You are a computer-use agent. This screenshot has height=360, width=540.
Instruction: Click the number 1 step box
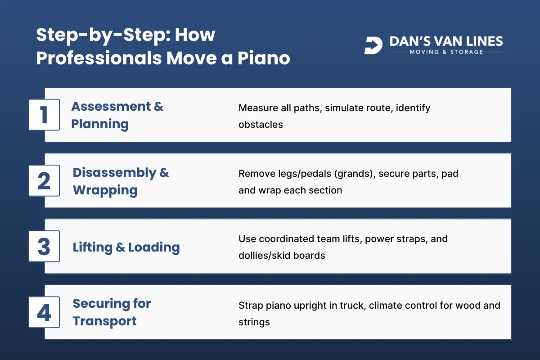44,115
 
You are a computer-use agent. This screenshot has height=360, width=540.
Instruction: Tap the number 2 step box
44,180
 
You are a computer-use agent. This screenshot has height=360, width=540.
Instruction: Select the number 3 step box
44,246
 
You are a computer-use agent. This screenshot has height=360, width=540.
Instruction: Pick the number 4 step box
44,312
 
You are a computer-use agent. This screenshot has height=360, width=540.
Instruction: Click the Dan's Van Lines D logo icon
373,45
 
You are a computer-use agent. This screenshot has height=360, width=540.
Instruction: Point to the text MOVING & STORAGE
446,52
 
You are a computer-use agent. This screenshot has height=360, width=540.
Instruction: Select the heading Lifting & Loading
126,247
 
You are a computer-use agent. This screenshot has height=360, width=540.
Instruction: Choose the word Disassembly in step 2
114,172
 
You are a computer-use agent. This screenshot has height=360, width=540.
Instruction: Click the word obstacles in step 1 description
261,125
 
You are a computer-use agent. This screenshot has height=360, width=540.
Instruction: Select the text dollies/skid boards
281,256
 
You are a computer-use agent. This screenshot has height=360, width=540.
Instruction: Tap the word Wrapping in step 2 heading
105,190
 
